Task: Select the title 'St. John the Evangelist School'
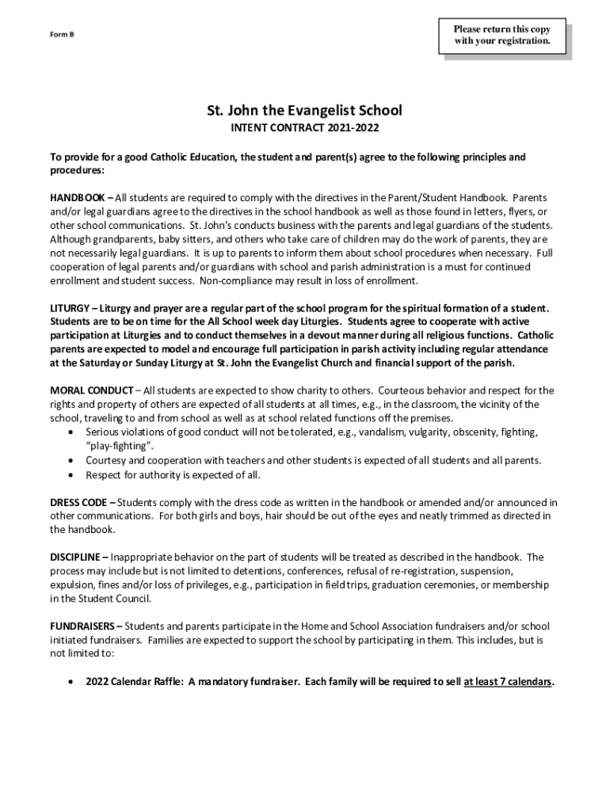point(305,110)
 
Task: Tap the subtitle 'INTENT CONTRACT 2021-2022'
point(305,128)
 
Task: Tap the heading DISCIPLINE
point(74,557)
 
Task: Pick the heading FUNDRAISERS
point(82,626)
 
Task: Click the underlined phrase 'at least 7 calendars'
point(507,681)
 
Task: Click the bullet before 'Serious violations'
point(72,432)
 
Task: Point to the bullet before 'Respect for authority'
point(72,475)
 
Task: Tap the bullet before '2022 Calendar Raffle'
point(72,681)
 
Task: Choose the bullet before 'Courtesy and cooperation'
point(72,461)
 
